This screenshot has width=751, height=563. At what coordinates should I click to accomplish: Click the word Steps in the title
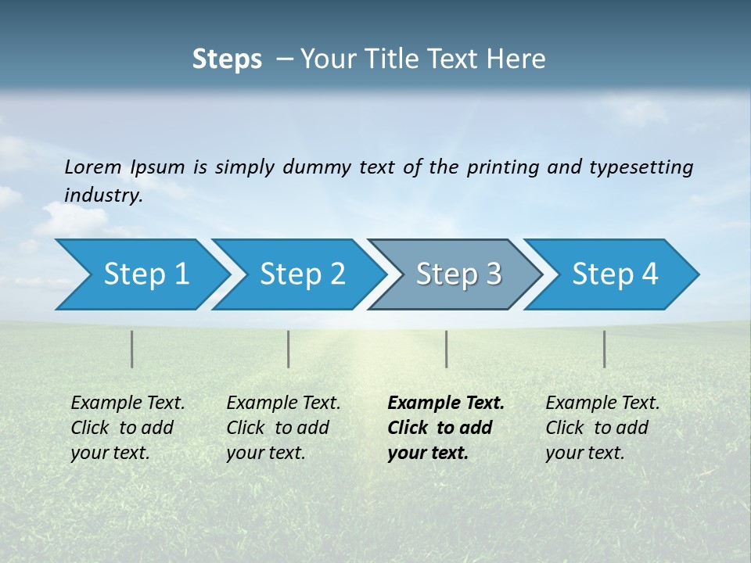click(227, 59)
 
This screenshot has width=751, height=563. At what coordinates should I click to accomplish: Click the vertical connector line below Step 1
click(132, 349)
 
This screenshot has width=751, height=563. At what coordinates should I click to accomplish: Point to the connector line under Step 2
click(289, 349)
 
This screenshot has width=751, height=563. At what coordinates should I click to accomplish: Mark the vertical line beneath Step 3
click(447, 349)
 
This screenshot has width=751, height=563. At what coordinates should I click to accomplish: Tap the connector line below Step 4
click(605, 349)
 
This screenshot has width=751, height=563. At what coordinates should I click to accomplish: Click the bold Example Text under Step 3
click(446, 428)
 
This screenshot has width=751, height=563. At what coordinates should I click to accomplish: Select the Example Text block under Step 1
click(128, 428)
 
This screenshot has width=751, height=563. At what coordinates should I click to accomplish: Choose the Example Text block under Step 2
click(283, 428)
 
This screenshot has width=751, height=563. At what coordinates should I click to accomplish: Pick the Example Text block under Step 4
click(602, 428)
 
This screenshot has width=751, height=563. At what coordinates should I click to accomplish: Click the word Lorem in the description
click(93, 167)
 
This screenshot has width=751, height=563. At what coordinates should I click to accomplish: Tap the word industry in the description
click(103, 195)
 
